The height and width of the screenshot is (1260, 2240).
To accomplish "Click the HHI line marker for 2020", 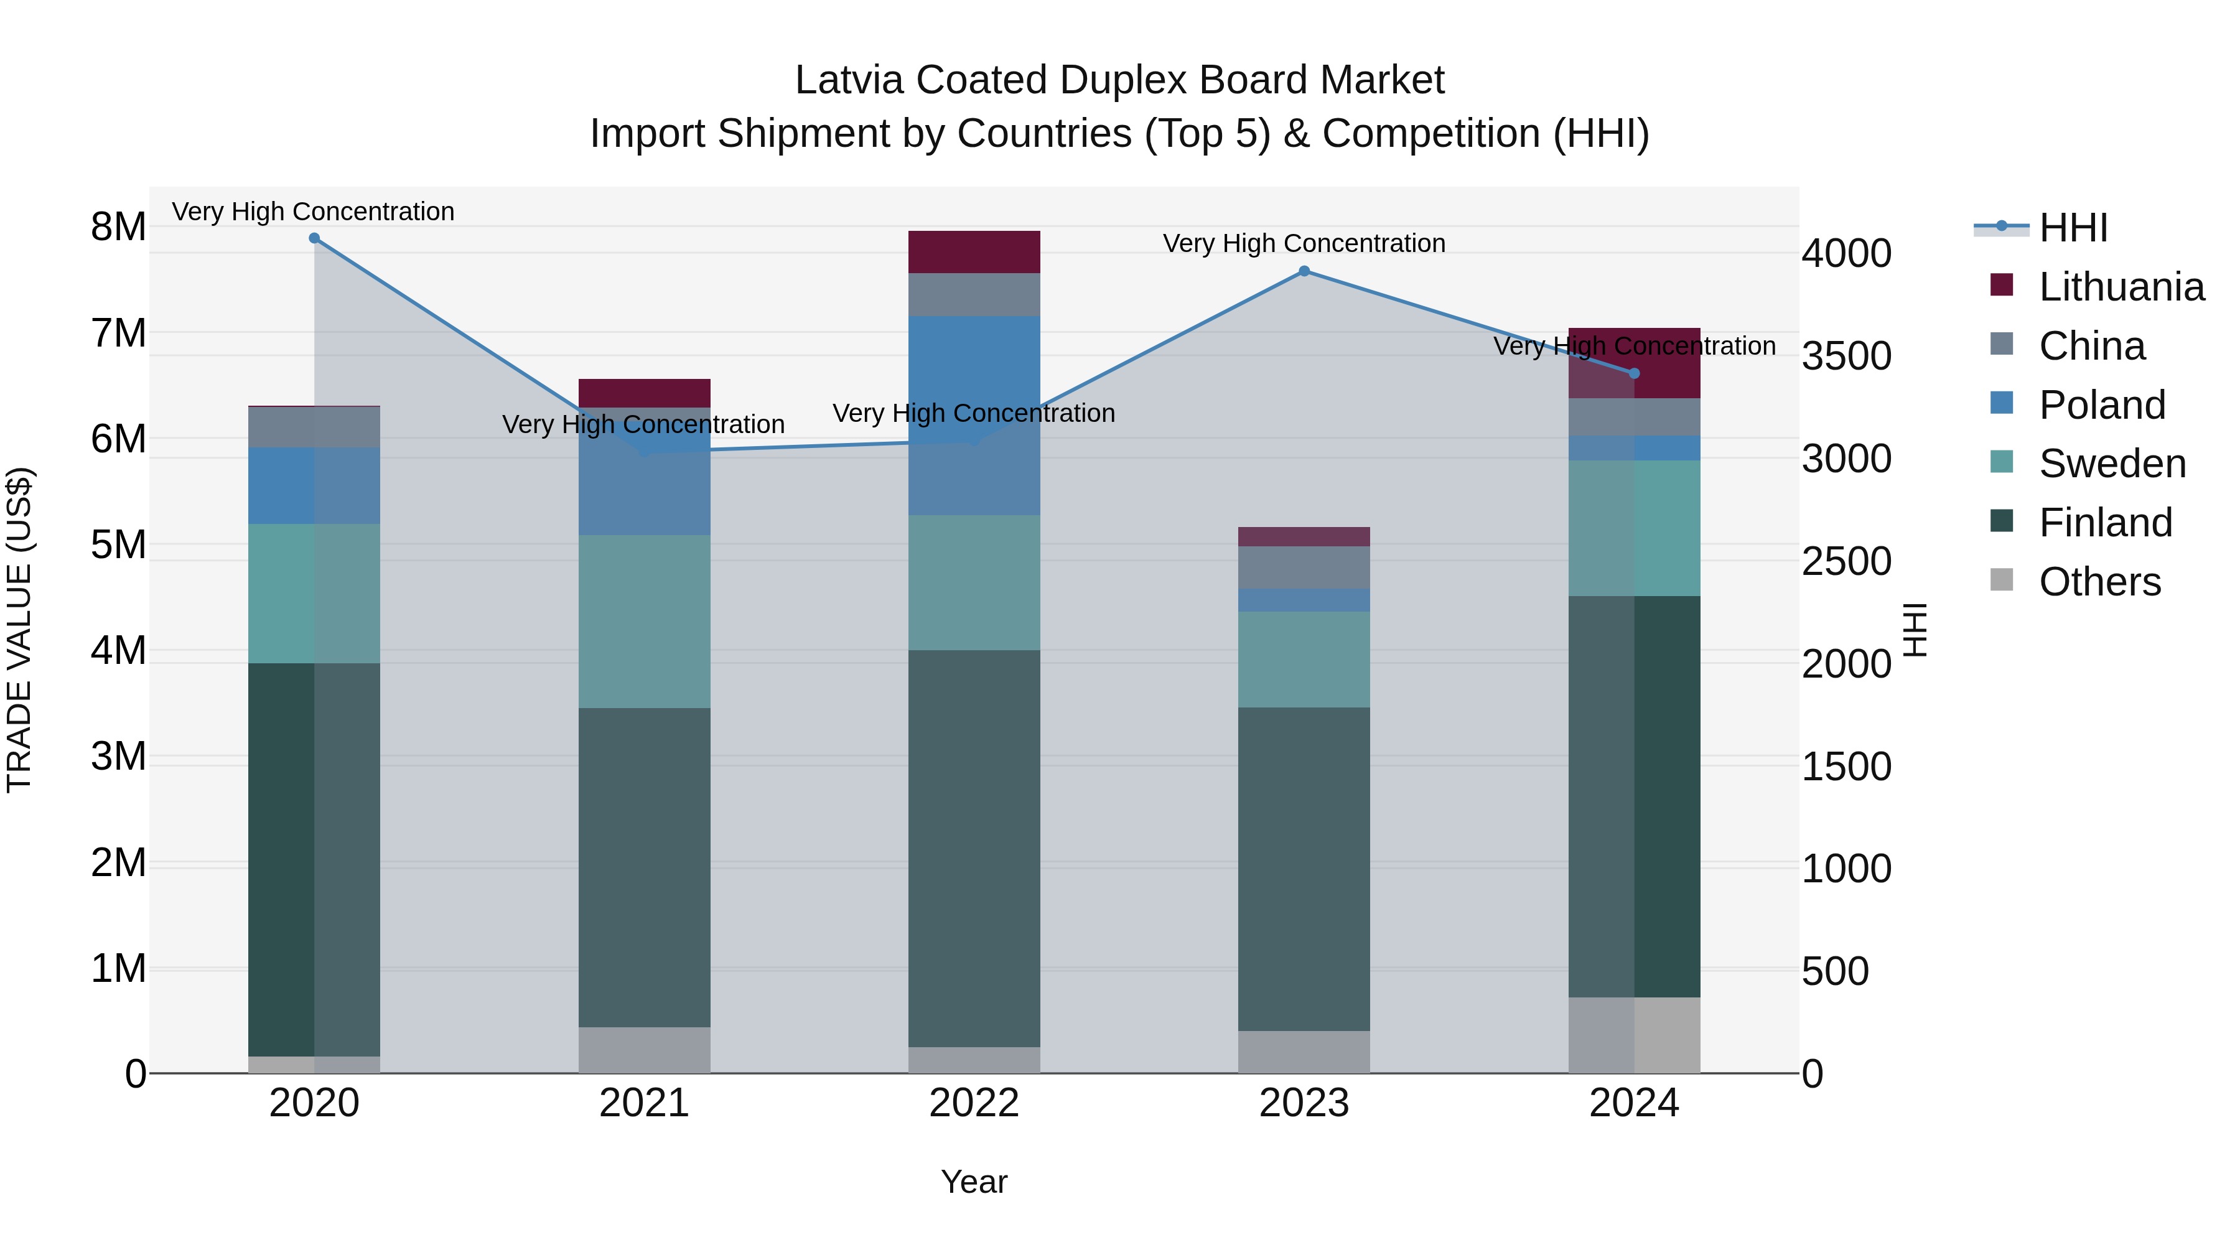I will pos(314,238).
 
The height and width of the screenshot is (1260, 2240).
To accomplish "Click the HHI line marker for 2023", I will pos(1304,271).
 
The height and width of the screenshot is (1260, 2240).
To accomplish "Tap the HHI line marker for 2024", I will pos(1633,374).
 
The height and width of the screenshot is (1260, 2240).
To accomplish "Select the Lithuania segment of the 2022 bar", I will pos(974,252).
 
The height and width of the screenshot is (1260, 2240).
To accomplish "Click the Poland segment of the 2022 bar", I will pos(974,416).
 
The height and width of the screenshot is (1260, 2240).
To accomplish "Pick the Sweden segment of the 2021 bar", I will pos(645,621).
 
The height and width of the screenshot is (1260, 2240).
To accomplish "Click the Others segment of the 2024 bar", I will pos(1633,1035).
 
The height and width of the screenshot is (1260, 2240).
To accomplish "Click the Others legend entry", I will pos(2099,582).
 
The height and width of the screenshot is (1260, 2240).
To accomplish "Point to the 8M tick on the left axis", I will pos(118,227).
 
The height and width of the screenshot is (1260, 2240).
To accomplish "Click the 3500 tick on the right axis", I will pos(1846,356).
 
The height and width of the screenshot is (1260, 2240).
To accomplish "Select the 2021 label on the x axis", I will pos(645,1103).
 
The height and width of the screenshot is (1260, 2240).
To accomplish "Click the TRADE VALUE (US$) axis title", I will pos(19,630).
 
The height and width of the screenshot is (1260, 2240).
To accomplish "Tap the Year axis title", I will pos(974,1182).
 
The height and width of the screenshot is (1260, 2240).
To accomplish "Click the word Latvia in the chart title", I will pos(849,80).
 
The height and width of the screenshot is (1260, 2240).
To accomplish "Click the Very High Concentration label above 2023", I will pos(1304,243).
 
